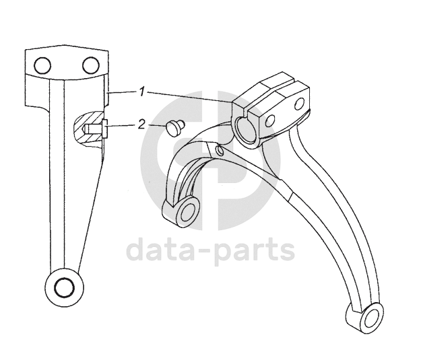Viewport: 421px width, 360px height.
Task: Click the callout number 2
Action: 141,124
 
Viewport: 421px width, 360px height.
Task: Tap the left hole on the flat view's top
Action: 43,65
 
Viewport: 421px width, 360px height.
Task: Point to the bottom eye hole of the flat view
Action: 63,287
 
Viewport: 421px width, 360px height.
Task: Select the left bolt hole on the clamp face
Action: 271,120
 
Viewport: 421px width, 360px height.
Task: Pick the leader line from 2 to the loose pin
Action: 156,125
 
